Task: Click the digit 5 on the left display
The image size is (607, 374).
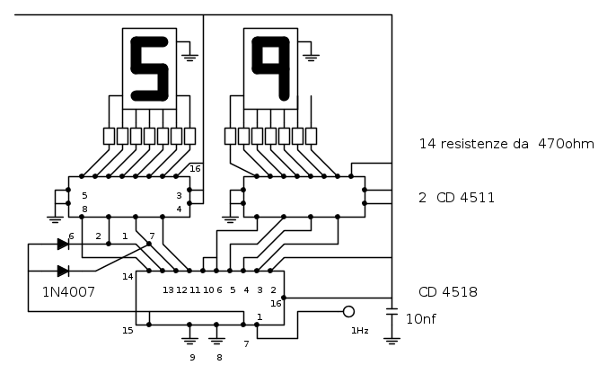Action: (149, 69)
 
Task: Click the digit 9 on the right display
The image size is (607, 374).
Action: (271, 68)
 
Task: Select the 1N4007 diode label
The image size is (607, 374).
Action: (68, 292)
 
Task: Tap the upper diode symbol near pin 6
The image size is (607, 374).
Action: (63, 245)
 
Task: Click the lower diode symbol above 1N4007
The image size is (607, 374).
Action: (63, 271)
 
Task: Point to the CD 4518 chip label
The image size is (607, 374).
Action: (448, 292)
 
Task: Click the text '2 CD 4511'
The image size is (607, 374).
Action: (457, 198)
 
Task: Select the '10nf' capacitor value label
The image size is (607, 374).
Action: (421, 319)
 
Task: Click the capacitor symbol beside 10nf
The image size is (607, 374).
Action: (391, 312)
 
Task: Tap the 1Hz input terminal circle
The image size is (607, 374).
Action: (348, 311)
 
